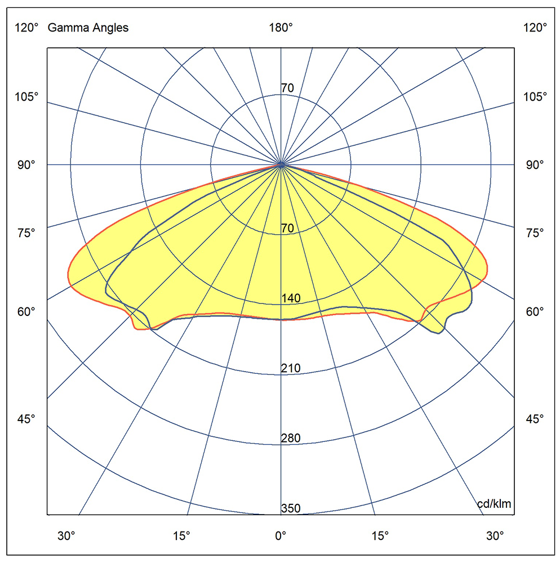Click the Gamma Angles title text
point(88,28)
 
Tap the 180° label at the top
point(281,28)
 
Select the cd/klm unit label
point(494,504)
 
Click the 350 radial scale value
point(291,509)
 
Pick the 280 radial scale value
point(291,439)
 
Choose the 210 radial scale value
point(291,368)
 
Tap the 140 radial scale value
point(291,298)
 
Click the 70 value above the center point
point(287,88)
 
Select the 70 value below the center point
point(287,229)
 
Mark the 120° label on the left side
point(26,28)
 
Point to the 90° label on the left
point(26,165)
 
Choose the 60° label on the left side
point(26,311)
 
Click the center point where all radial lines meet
point(281,165)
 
